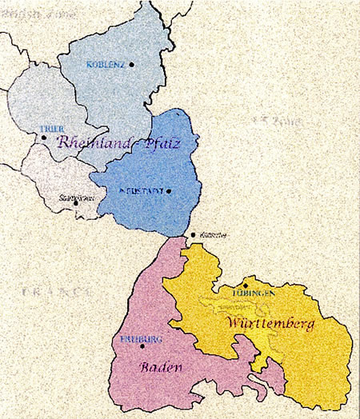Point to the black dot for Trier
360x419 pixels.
click(45, 138)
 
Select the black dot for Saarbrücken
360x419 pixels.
click(76, 202)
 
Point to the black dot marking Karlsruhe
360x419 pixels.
click(193, 235)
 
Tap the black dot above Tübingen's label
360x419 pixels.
click(246, 285)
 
